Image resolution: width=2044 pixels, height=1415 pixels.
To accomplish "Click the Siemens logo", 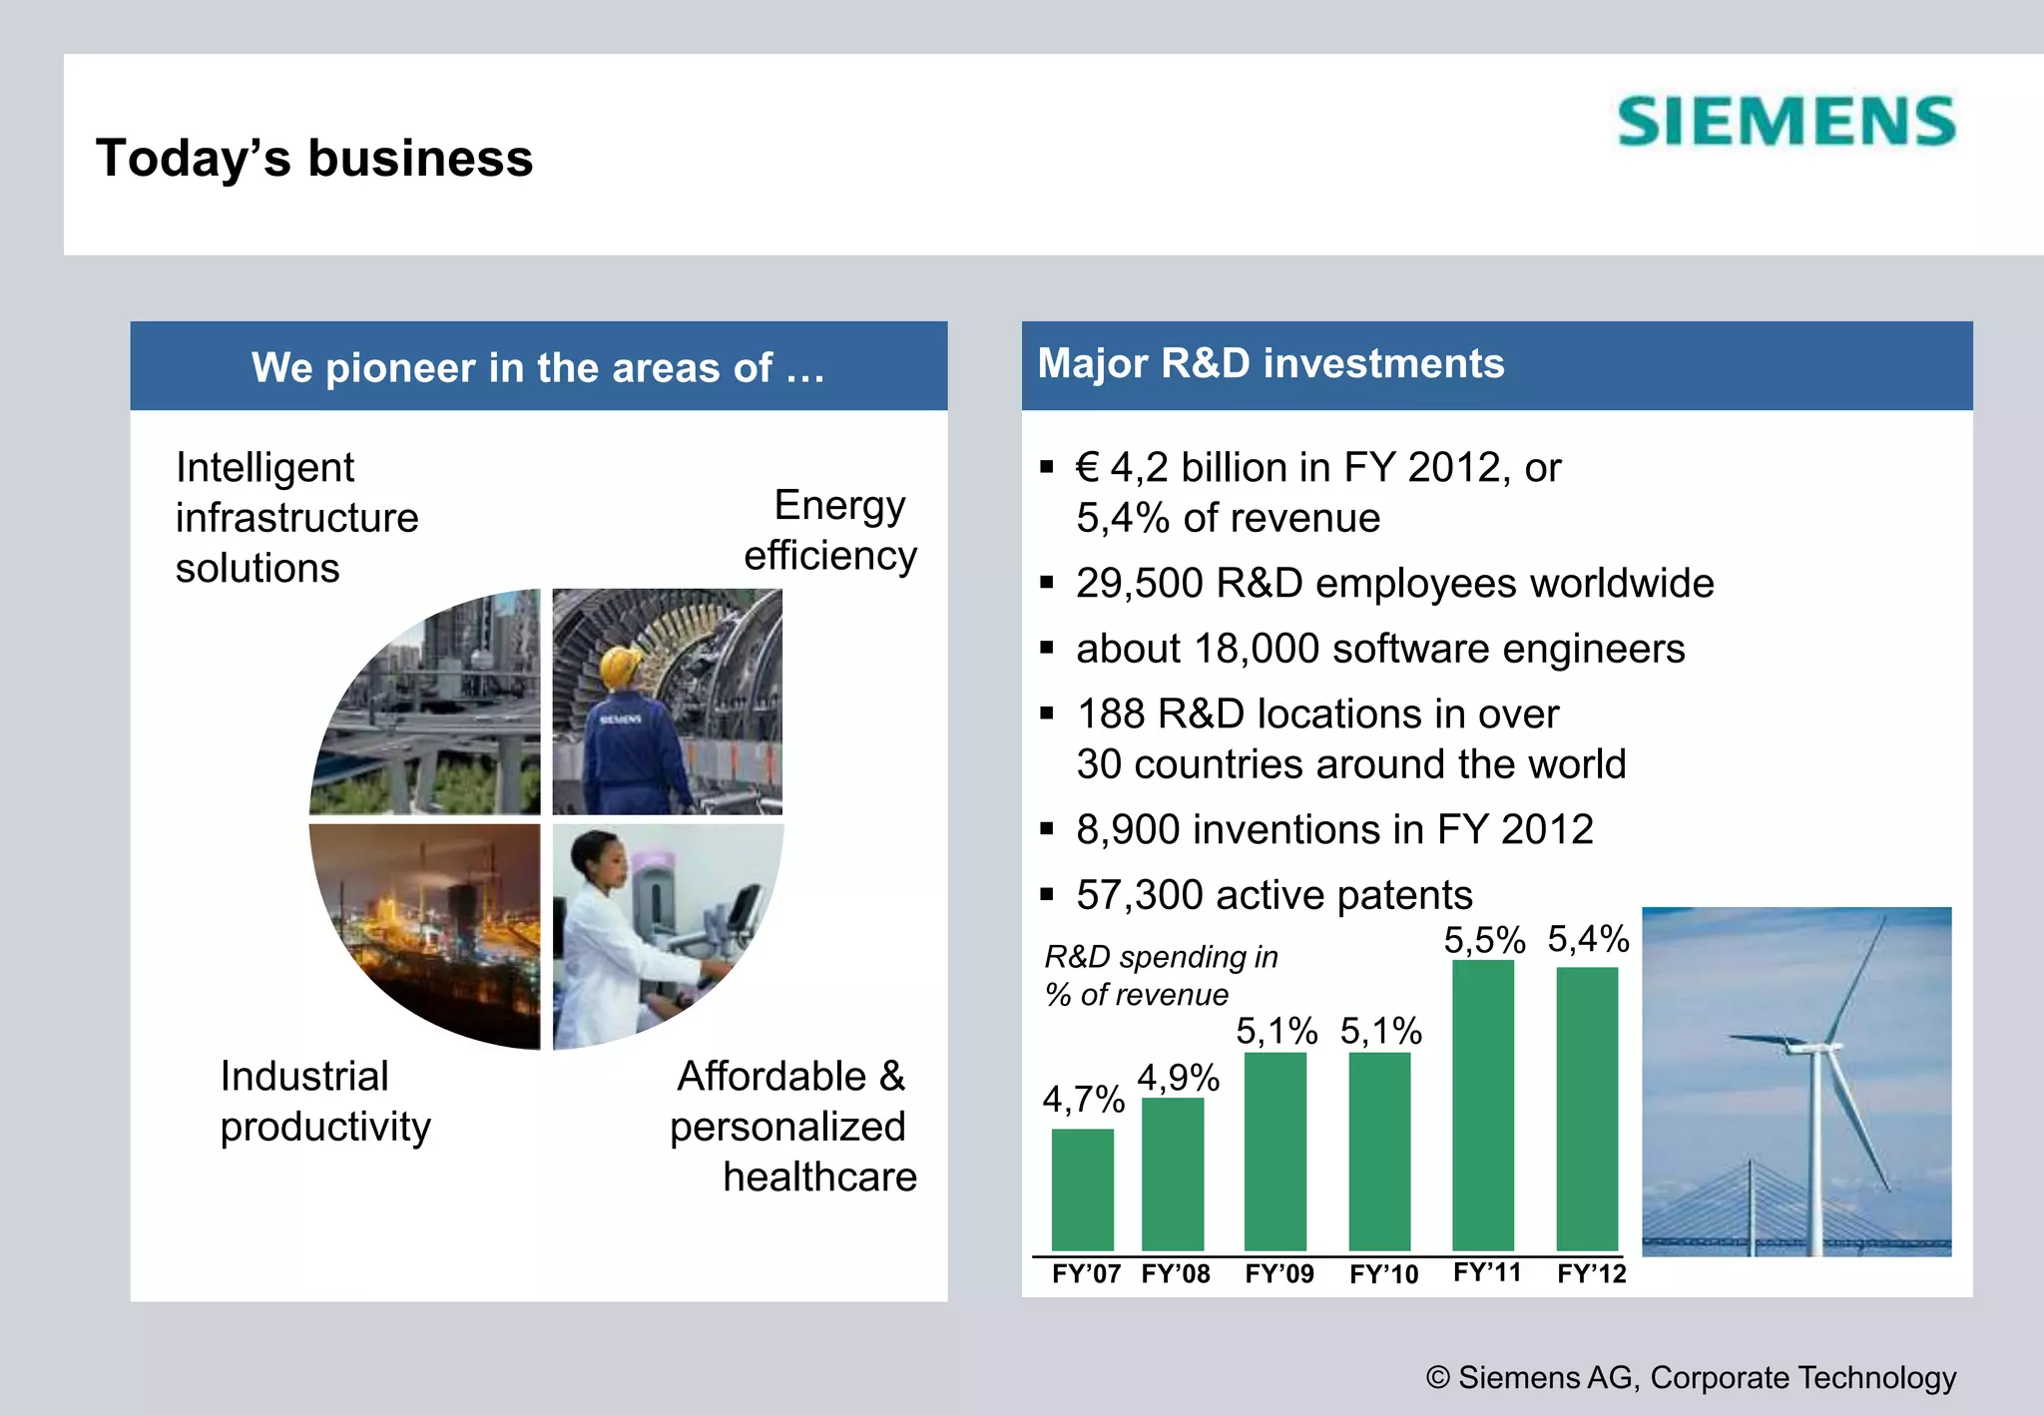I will (x=1787, y=122).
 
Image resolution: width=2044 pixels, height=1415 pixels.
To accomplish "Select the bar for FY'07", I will (x=1082, y=1189).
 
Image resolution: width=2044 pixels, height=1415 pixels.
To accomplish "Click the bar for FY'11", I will (x=1483, y=1105).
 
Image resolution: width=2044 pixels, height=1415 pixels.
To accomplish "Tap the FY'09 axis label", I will (x=1279, y=1274).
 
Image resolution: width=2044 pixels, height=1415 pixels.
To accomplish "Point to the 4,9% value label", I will (x=1178, y=1078).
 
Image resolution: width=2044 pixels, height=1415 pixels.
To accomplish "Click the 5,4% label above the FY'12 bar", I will (x=1588, y=939).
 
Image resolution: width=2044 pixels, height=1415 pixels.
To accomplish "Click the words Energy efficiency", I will (x=830, y=531).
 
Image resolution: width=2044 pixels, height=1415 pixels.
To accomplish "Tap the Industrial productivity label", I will (x=324, y=1102).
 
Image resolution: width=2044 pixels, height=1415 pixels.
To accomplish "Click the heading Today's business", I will (x=314, y=159).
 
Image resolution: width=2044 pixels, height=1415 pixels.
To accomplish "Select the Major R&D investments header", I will (x=1271, y=364).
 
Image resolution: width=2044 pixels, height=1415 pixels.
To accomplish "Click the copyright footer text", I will (x=1691, y=1377).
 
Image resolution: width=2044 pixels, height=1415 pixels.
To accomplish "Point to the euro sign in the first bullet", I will (x=1087, y=468).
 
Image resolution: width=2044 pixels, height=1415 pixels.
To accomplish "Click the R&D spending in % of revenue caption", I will (x=1160, y=975).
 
